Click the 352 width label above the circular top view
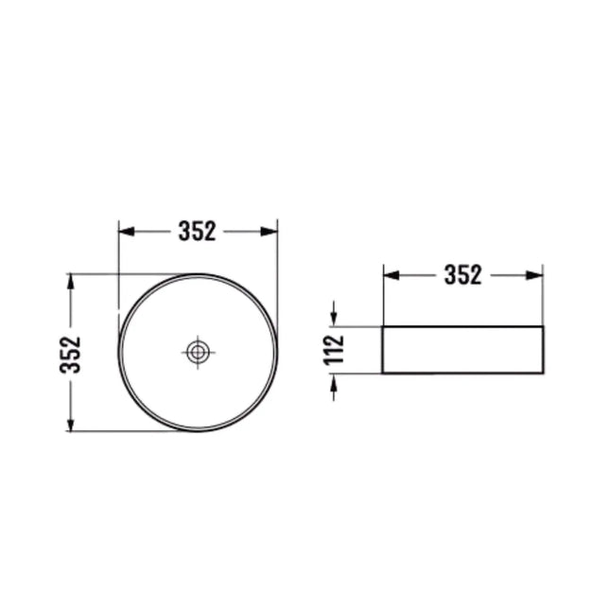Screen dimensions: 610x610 (x=197, y=231)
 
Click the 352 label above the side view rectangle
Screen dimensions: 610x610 (x=462, y=275)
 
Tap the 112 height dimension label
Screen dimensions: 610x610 (x=332, y=350)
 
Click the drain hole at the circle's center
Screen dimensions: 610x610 (x=198, y=352)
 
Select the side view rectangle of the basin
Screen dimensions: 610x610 (x=462, y=349)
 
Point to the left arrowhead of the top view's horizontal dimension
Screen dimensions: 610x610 (x=124, y=231)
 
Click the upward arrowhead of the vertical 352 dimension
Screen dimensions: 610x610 (x=70, y=281)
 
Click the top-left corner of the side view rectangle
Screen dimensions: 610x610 (x=383, y=326)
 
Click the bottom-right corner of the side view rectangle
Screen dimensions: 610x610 (x=543, y=373)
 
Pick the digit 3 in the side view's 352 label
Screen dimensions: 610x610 (x=450, y=275)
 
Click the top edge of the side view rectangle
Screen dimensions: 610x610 (x=462, y=326)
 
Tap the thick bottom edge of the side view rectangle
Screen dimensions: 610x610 (x=462, y=373)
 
